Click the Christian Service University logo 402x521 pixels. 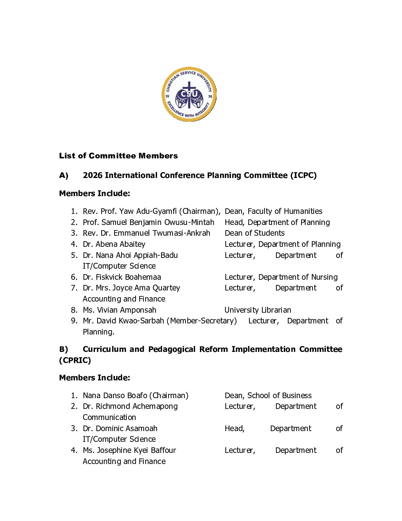click(x=189, y=94)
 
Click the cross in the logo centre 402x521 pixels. click(x=189, y=93)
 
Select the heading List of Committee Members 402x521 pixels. click(x=118, y=156)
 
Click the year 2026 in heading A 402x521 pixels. click(x=92, y=175)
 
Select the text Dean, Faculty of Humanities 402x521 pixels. click(x=273, y=211)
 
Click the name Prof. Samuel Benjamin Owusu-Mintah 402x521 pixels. click(x=149, y=222)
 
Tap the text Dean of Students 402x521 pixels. click(x=255, y=233)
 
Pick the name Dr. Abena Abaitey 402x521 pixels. click(x=114, y=244)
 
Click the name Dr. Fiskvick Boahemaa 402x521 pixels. click(x=122, y=277)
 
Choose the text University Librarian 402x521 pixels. click(x=258, y=310)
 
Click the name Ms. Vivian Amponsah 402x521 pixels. click(x=119, y=310)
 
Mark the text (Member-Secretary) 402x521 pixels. click(x=202, y=321)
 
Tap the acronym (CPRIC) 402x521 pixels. click(x=75, y=360)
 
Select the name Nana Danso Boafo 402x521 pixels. click(x=115, y=396)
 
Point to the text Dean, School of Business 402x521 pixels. click(x=268, y=396)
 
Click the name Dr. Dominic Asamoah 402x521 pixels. click(x=120, y=428)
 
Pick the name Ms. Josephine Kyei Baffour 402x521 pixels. click(x=129, y=450)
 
